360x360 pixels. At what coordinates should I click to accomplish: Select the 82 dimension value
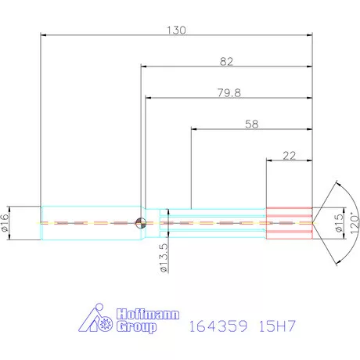[228, 59]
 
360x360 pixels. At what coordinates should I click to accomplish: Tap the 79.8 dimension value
[229, 92]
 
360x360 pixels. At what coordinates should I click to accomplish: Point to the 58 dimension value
[252, 124]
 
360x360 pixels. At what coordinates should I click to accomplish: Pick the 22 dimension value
[289, 155]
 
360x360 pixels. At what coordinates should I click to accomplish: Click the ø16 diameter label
[5, 222]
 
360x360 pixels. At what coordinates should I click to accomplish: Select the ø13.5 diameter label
[164, 257]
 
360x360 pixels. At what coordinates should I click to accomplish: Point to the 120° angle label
[354, 221]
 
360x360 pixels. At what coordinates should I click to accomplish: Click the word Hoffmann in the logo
[144, 314]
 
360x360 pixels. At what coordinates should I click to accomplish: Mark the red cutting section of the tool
[289, 222]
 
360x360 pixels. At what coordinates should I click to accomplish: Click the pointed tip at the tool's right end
[314, 222]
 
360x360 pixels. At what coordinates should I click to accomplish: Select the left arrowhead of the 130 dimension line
[43, 34]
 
